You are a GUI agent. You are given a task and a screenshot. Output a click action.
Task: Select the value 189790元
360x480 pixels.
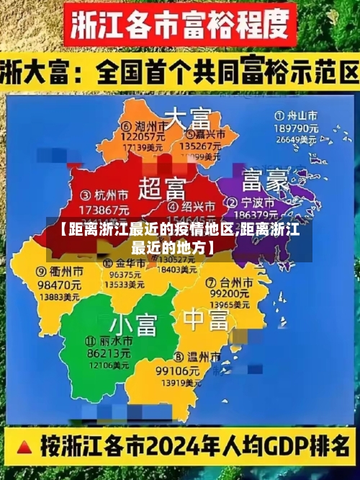click(297, 127)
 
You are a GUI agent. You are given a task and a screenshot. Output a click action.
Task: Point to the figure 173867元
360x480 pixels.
click(103, 208)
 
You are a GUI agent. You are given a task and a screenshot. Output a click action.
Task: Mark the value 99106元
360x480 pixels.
click(177, 370)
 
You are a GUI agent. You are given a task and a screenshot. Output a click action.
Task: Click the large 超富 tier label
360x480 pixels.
click(161, 189)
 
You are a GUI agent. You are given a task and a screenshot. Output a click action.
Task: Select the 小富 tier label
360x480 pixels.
click(133, 324)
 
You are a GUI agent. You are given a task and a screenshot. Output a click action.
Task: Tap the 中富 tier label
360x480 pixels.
click(205, 319)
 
